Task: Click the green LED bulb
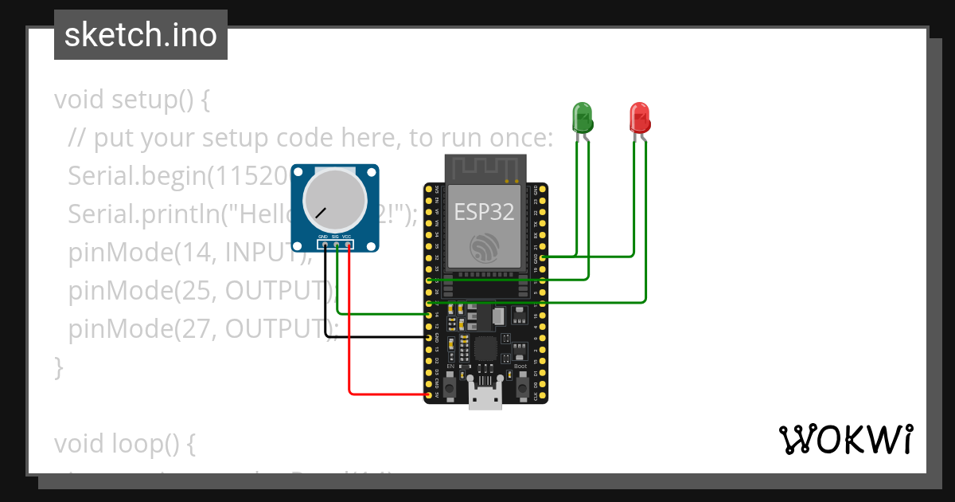pos(583,116)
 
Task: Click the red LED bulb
pos(639,116)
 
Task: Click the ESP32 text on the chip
pos(484,212)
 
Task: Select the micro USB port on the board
pos(485,396)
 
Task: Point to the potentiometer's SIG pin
pos(337,245)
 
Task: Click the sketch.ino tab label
pos(141,35)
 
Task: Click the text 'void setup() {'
pos(132,100)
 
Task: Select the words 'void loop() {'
pos(124,444)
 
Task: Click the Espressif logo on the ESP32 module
pos(484,249)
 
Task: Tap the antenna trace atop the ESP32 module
pos(485,168)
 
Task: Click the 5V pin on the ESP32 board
pos(430,394)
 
